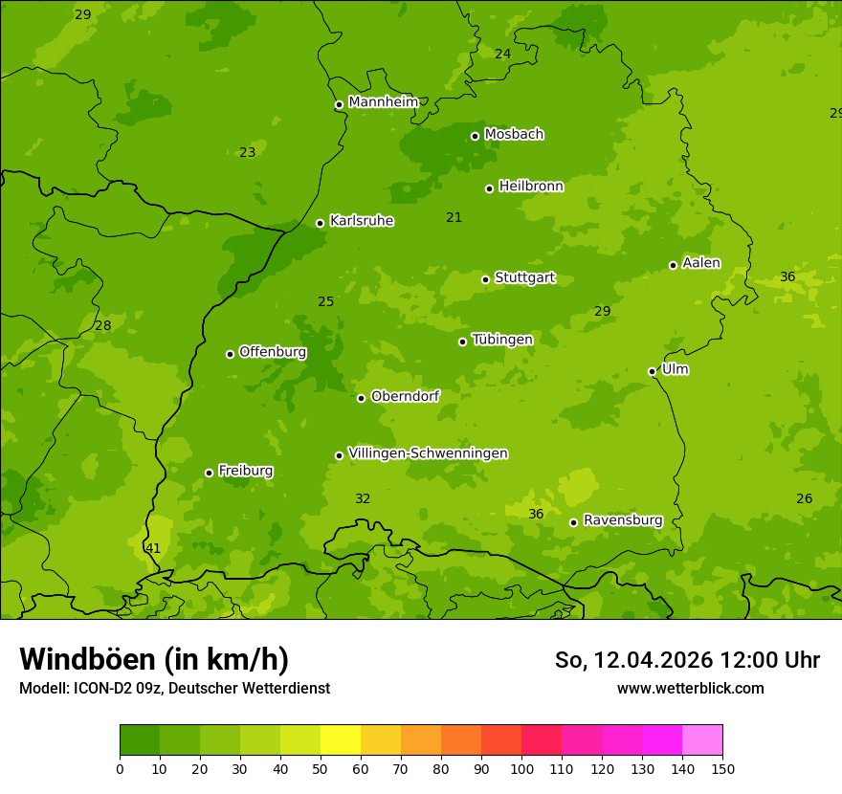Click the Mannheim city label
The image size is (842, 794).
coord(383,102)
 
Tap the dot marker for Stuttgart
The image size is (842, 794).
coord(485,279)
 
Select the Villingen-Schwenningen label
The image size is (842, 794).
coord(428,453)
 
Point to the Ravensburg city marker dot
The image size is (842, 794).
coord(573,522)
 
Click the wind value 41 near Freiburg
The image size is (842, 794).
coord(153,548)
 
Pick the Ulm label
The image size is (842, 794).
coord(675,369)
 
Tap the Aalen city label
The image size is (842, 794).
coord(701,263)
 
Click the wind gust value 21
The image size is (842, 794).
coord(454,217)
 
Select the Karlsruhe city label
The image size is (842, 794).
coord(361,221)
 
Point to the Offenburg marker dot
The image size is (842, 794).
coord(230,354)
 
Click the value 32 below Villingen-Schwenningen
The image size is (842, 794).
coord(363,498)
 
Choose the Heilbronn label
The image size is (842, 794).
coord(531,187)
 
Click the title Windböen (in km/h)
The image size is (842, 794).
coord(154,659)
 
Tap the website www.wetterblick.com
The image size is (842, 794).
coord(690,688)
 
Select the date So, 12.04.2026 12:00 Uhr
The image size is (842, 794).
coord(687,660)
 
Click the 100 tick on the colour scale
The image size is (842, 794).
coord(521,768)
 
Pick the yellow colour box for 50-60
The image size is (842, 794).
coord(341,740)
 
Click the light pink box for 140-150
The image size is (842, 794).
coord(702,740)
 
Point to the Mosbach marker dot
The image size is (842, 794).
coord(475,136)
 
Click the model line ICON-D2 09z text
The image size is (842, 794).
coord(174,688)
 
